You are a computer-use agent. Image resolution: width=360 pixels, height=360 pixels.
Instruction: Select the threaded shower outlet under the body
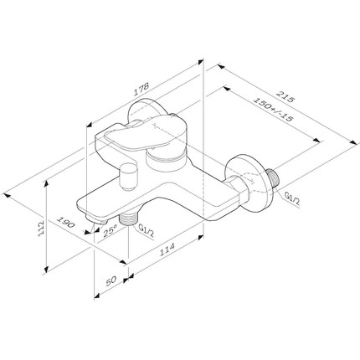coord(129,219)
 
